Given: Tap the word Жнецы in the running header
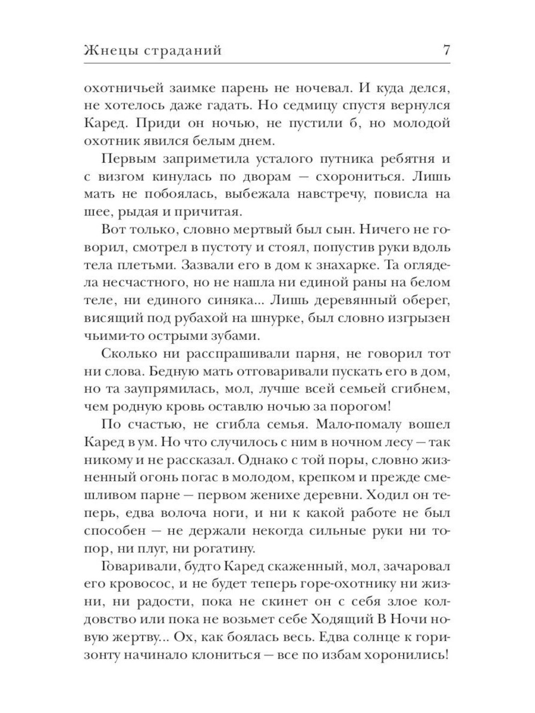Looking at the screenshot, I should (x=106, y=51).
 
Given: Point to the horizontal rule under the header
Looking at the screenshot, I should (x=267, y=64).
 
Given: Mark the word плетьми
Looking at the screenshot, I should (x=148, y=265).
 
